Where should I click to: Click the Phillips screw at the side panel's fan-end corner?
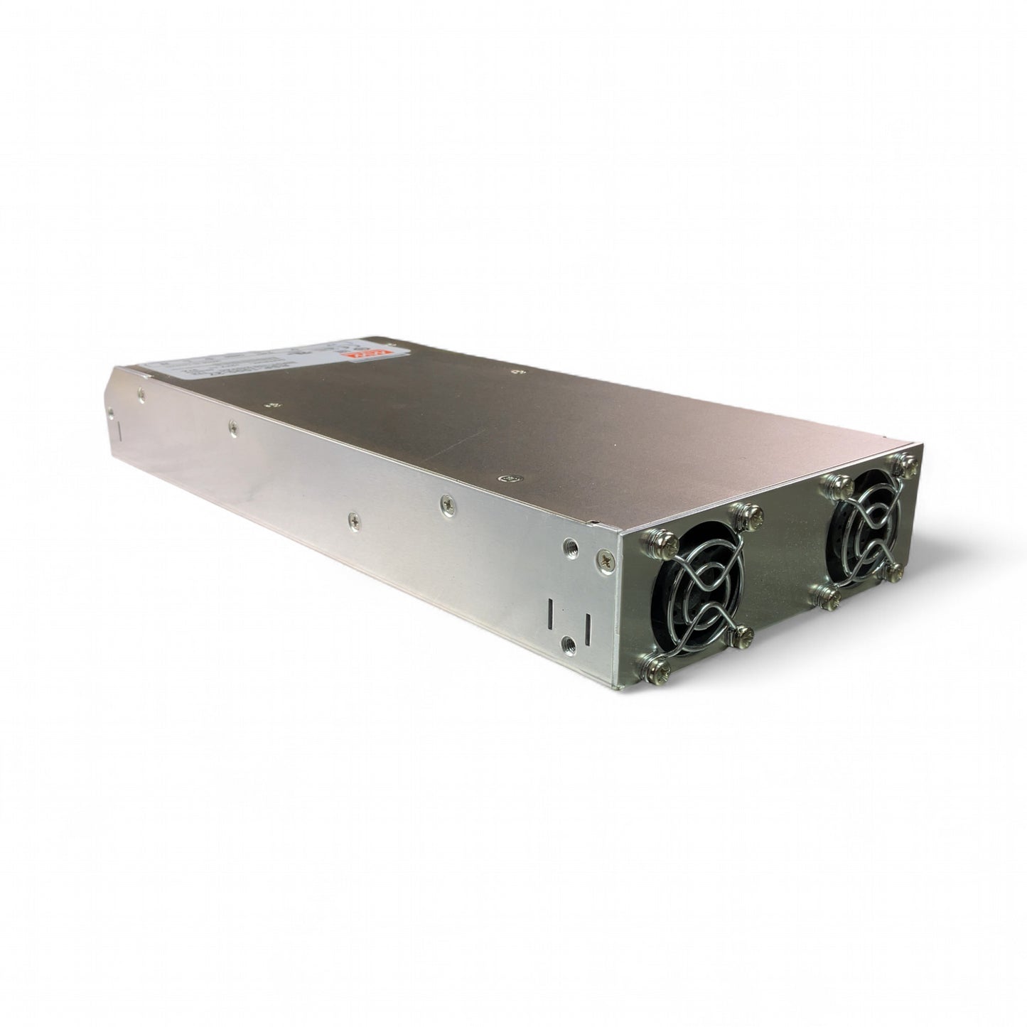[x=604, y=561]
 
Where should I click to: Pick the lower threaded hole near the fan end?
[x=567, y=643]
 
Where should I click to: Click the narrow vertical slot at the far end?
[x=119, y=431]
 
